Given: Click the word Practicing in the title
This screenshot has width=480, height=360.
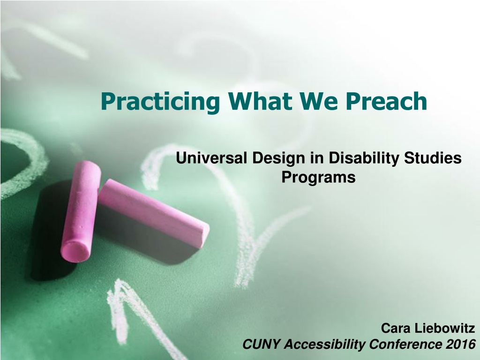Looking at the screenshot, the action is click(x=160, y=102).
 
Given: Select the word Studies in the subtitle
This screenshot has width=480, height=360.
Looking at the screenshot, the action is click(x=433, y=158).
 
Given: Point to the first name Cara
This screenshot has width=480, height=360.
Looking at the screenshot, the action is click(x=396, y=328).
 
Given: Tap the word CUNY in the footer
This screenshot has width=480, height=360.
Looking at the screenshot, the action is click(x=262, y=344).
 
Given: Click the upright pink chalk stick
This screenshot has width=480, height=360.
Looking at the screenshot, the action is click(x=81, y=211).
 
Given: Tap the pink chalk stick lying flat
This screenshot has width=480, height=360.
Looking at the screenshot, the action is click(x=154, y=212).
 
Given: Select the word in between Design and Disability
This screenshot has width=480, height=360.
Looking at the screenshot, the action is click(x=317, y=158).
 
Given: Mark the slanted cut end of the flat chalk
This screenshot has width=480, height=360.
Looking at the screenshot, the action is click(x=204, y=234).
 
